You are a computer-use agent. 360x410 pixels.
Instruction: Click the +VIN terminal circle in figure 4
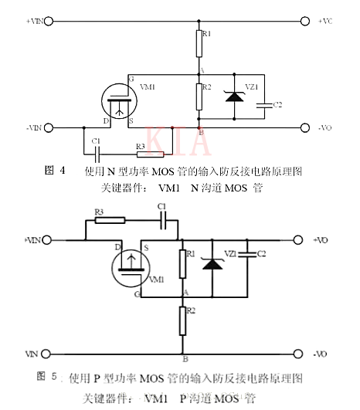pyautogui.click(x=50, y=22)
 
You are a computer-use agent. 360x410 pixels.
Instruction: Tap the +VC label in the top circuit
pyautogui.click(x=325, y=22)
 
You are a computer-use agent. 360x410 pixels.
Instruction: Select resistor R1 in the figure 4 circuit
pyautogui.click(x=199, y=46)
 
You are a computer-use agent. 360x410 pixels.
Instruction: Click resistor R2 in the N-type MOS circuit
pyautogui.click(x=199, y=95)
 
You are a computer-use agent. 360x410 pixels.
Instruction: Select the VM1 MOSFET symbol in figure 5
pyautogui.click(x=128, y=269)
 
